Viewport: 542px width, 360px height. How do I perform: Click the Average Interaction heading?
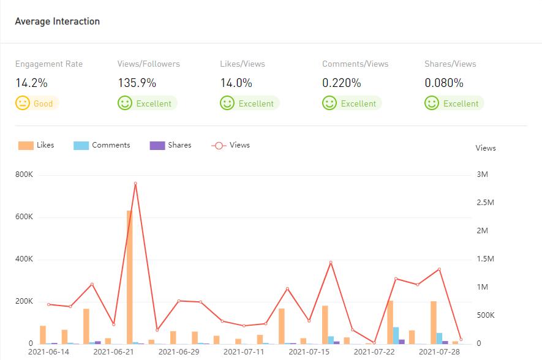[x=57, y=21]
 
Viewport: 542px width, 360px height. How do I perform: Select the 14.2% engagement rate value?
[x=31, y=83]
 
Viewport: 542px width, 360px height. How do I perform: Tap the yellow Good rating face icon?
[x=23, y=103]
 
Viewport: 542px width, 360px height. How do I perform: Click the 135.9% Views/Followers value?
[x=137, y=83]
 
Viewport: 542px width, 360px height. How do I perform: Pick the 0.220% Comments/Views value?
[x=342, y=83]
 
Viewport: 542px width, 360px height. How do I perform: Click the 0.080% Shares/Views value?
[x=444, y=83]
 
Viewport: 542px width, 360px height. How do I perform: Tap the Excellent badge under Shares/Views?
[x=454, y=103]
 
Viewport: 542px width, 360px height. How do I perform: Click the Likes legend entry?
[x=37, y=145]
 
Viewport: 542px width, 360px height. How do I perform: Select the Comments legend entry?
[x=102, y=145]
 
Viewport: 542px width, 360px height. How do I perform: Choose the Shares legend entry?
[x=171, y=145]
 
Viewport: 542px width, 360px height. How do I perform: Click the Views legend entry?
[x=231, y=145]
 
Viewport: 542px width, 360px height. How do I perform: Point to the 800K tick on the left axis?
[x=24, y=175]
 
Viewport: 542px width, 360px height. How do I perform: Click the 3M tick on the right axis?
[x=482, y=175]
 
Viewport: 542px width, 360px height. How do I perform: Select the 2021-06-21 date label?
[x=113, y=352]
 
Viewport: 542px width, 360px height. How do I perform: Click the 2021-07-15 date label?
[x=309, y=352]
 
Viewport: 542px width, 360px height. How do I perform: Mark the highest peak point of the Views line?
[x=135, y=183]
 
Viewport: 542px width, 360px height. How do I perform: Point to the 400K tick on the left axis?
[x=24, y=260]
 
